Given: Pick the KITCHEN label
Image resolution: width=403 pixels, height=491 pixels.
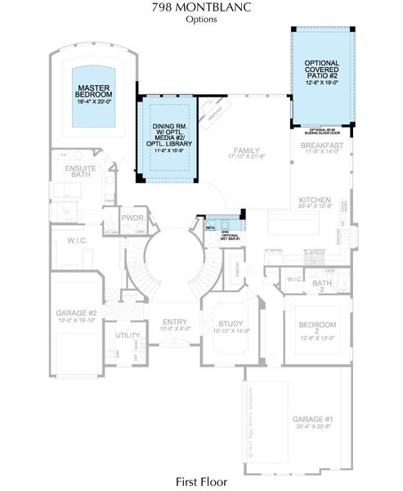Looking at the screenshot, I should pyautogui.click(x=315, y=202).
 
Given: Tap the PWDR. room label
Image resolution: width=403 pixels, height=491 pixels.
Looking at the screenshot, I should pyautogui.click(x=132, y=220).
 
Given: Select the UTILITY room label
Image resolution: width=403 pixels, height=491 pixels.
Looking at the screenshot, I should pyautogui.click(x=128, y=336).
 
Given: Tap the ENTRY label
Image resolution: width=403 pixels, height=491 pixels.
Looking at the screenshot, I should pyautogui.click(x=174, y=324).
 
